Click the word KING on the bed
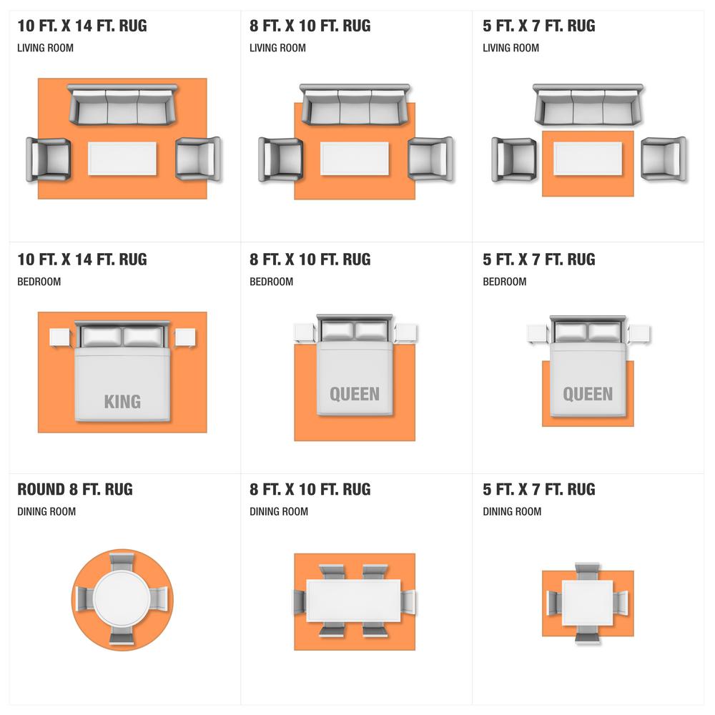(122, 402)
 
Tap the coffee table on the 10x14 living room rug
(122, 158)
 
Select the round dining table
(122, 598)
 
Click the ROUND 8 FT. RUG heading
(75, 489)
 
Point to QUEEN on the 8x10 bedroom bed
(355, 394)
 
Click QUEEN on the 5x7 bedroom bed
(588, 394)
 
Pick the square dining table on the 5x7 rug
(587, 603)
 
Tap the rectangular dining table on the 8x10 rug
(353, 601)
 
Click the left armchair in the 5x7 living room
(514, 159)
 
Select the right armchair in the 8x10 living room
(431, 159)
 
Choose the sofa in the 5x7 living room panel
(588, 104)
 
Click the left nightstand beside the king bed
(60, 338)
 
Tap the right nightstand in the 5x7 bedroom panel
(639, 334)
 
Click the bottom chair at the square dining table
(587, 634)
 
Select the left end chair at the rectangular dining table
(300, 601)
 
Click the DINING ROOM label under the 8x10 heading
(279, 512)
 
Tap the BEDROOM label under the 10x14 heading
(39, 282)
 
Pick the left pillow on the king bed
(102, 337)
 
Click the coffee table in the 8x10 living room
(355, 158)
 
